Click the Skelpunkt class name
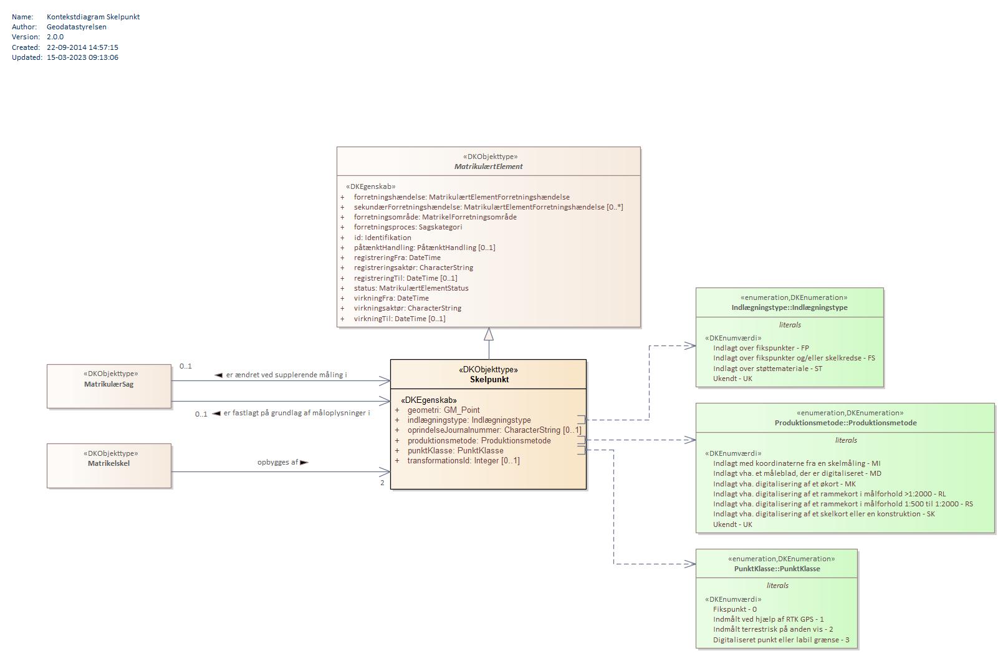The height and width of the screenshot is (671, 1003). [489, 379]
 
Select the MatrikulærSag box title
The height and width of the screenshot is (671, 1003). [109, 384]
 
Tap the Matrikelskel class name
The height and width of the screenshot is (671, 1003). [109, 463]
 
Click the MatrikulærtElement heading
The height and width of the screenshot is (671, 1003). [489, 166]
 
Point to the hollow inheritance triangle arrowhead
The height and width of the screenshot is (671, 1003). [489, 334]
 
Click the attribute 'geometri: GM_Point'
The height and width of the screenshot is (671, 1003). [443, 410]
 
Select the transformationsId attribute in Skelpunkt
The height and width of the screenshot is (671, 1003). [463, 460]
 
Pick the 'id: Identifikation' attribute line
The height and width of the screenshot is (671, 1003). [382, 238]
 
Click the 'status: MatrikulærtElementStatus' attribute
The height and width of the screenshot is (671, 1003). [411, 288]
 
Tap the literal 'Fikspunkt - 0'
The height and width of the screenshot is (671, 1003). [735, 609]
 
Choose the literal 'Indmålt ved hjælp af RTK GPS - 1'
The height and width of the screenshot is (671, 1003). [769, 619]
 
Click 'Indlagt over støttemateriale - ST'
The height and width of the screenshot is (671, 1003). [767, 368]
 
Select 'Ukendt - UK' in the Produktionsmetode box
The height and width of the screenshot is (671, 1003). [732, 524]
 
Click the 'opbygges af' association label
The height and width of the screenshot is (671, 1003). [277, 462]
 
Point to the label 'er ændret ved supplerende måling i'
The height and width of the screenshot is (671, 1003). [286, 374]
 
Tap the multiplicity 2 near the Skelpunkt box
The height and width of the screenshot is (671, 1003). [382, 483]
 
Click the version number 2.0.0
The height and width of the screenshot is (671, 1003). [55, 37]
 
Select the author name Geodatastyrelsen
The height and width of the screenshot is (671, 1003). [77, 26]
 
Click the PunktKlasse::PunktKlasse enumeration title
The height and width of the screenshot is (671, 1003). [777, 569]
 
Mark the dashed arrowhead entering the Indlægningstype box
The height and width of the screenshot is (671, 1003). [690, 345]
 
